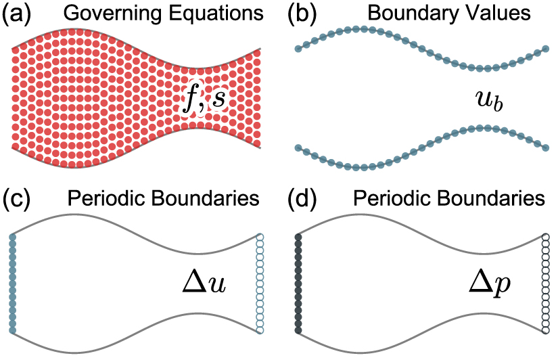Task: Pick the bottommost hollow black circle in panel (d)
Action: point(545,330)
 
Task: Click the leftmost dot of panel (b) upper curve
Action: point(298,49)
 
